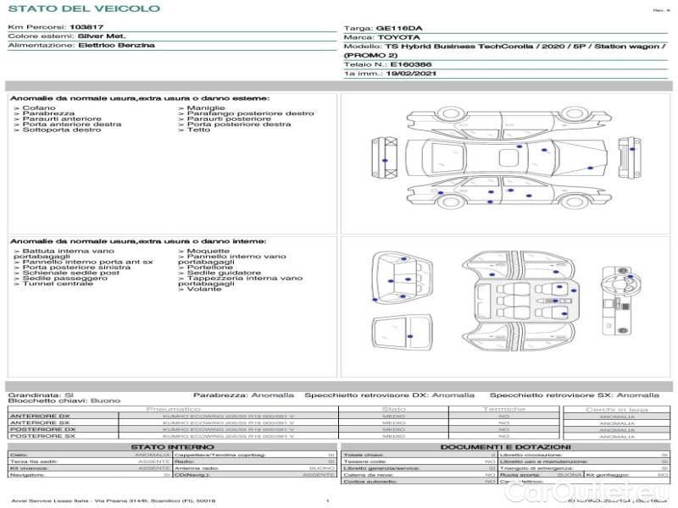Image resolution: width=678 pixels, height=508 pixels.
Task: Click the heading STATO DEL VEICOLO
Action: click(x=83, y=8)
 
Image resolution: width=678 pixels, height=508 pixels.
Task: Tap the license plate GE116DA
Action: click(x=397, y=28)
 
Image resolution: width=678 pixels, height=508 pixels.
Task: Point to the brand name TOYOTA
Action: click(x=397, y=38)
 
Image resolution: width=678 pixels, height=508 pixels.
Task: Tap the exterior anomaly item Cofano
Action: click(x=39, y=108)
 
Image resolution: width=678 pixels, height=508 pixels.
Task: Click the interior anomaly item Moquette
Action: click(x=208, y=251)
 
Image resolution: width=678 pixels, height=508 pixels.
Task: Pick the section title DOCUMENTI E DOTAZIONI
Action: click(x=505, y=446)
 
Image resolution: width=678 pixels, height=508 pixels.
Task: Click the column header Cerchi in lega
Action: click(x=616, y=409)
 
